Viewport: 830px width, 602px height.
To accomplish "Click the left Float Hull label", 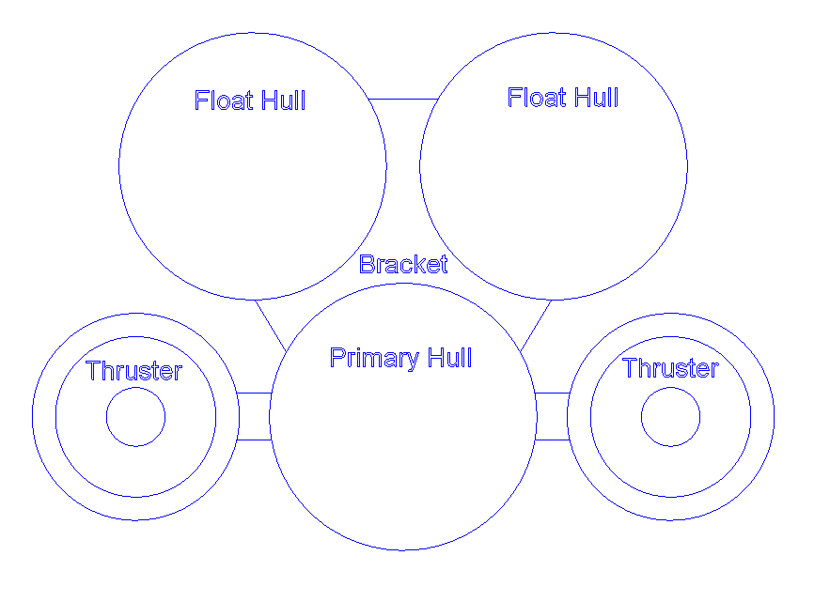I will point(250,100).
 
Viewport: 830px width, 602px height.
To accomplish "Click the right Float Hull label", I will point(563,98).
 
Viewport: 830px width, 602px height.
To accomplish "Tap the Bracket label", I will point(403,265).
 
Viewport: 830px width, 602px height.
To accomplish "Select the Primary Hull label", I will point(400,358).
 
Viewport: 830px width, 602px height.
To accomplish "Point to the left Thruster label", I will point(133,371).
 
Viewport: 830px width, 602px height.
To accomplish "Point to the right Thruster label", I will point(670,368).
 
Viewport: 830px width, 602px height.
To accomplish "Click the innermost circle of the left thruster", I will point(135,417).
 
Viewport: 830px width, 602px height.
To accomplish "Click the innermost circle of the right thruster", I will point(671,417).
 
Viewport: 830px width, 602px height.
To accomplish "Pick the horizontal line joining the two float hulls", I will point(403,99).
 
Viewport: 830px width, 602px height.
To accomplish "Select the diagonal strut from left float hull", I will point(271,325).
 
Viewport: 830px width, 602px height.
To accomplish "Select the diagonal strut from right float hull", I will point(536,325).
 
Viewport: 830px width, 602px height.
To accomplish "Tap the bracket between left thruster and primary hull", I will point(254,416).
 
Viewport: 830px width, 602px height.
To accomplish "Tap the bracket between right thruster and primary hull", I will point(553,416).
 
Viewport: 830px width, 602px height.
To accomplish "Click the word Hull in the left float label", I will point(283,100).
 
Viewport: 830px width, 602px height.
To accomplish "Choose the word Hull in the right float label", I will point(596,98).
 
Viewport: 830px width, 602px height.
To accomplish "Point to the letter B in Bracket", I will point(367,265).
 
